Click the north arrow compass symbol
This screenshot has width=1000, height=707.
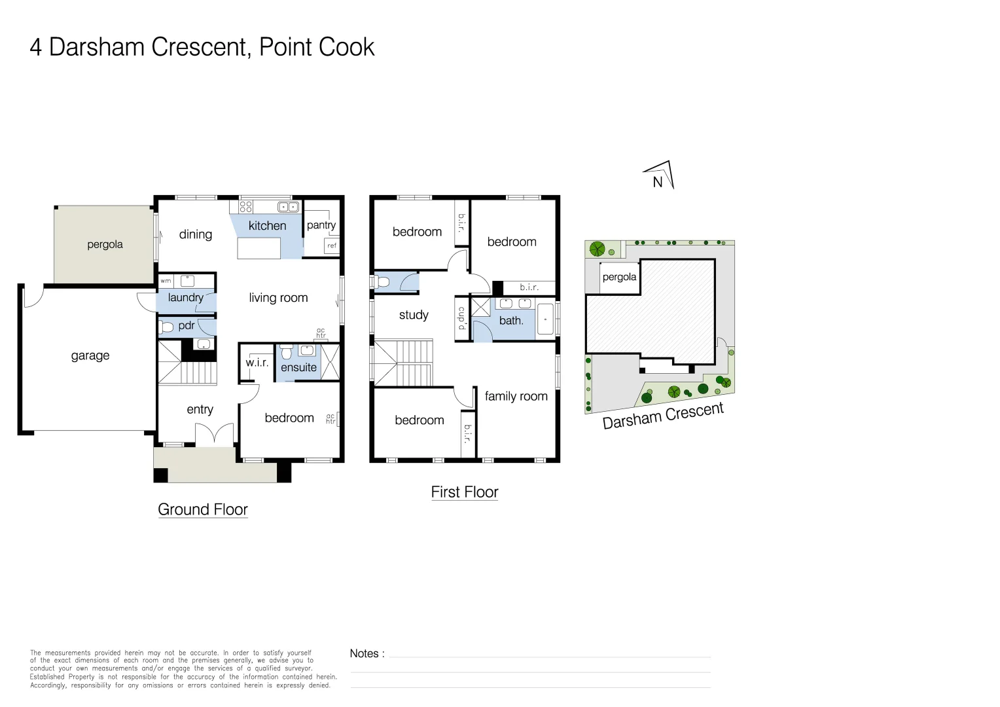[660, 176]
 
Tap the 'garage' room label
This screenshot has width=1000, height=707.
[90, 355]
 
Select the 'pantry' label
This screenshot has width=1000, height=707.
[321, 225]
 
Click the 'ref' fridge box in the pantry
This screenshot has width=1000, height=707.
[332, 245]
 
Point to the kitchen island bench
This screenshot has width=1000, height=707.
[259, 249]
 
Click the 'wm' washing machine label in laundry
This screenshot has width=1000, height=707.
[166, 281]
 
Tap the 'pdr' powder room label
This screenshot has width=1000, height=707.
[187, 325]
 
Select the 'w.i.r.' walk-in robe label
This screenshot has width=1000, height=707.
[257, 363]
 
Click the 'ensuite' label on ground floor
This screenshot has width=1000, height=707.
[298, 367]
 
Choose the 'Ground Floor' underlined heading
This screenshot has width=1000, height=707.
[203, 509]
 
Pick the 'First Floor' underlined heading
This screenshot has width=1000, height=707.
[465, 492]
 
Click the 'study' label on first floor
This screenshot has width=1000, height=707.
[414, 315]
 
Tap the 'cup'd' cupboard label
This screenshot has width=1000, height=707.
[461, 318]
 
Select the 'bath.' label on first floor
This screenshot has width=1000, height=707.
[511, 321]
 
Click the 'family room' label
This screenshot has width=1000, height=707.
[516, 396]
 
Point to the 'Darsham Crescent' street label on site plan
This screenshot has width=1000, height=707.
[663, 416]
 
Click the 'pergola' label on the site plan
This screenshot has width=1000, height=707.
[619, 277]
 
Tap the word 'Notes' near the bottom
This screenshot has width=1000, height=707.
[364, 653]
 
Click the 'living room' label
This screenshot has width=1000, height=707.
[278, 298]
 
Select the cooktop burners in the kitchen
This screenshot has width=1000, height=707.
[246, 207]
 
